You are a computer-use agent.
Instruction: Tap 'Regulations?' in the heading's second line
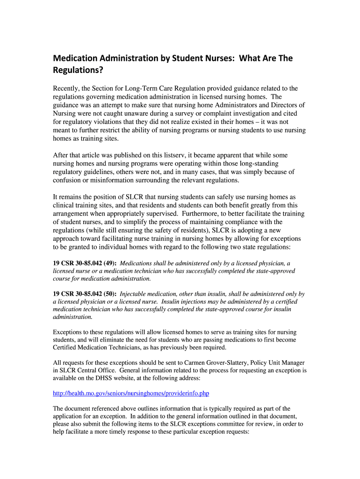click(77, 71)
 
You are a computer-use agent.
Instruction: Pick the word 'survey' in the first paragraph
click(200, 114)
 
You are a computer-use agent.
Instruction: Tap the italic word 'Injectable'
click(135, 294)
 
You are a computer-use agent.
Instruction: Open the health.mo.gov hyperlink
click(131, 393)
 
